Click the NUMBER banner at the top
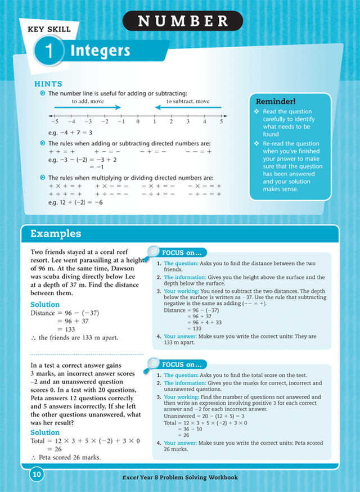pyautogui.click(x=183, y=21)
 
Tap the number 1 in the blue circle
pyautogui.click(x=49, y=51)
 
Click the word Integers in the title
pyautogui.click(x=100, y=51)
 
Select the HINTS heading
pyautogui.click(x=48, y=84)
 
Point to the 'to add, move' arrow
pyautogui.click(x=87, y=107)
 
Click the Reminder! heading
pyautogui.click(x=276, y=101)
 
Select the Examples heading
pyautogui.click(x=56, y=233)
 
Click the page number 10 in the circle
pyautogui.click(x=36, y=476)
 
